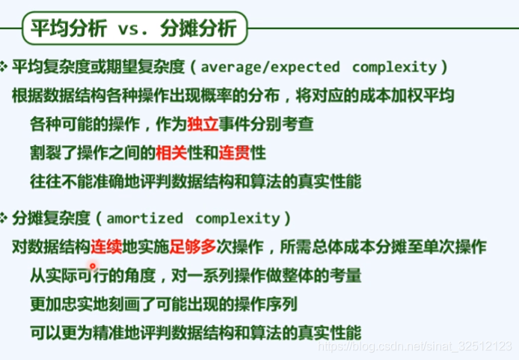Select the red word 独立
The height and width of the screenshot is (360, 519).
click(203, 124)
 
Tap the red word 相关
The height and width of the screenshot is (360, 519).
click(171, 153)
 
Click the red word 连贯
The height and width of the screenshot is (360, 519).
click(234, 153)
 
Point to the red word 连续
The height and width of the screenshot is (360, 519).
click(106, 247)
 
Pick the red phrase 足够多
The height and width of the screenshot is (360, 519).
click(193, 247)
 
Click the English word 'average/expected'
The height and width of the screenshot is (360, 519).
click(271, 67)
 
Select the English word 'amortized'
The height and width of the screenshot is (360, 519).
click(144, 219)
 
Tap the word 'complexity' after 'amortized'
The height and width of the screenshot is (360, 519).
click(238, 219)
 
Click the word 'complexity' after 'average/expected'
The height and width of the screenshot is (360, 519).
click(394, 67)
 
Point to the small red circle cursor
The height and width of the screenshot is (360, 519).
click(93, 266)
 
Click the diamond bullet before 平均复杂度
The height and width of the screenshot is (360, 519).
click(4, 67)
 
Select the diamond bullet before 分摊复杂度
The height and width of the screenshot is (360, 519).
click(4, 219)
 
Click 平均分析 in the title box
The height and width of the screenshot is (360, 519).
click(69, 28)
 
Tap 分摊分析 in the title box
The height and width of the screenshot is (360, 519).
click(198, 28)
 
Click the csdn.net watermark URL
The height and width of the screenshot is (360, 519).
click(415, 346)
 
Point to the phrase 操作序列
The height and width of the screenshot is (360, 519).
click(265, 305)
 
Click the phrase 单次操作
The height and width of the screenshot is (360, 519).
click(455, 247)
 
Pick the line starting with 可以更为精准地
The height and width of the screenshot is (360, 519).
click(196, 333)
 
